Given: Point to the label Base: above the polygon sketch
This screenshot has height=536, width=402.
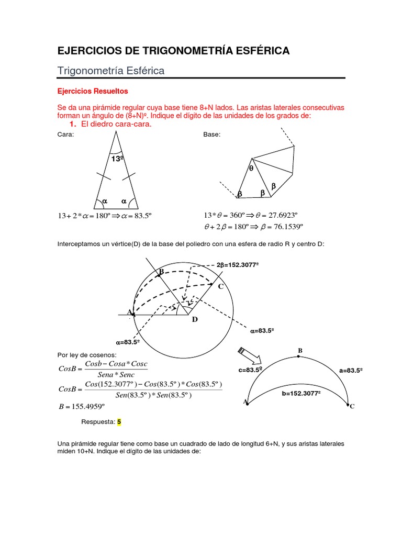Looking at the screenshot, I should pos(211,135).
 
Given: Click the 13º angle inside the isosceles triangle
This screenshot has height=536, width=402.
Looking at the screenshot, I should pos(117,158).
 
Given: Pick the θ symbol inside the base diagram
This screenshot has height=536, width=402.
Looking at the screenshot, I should pos(251,169).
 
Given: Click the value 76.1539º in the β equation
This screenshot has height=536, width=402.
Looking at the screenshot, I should pos(286,227).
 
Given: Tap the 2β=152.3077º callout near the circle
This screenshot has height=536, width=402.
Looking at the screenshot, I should pos(238,265).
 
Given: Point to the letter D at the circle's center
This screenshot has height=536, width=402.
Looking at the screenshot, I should pos(195,319).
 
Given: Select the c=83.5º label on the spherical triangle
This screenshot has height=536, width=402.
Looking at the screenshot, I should pos(250,370).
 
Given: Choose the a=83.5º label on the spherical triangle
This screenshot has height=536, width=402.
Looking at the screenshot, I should pos(351,370).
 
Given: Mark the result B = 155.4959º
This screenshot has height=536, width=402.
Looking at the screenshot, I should pos(83,406).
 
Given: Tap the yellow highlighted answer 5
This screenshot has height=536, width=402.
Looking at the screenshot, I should pos(119,421).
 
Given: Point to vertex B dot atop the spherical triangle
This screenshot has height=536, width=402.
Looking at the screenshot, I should pos(298,356).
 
